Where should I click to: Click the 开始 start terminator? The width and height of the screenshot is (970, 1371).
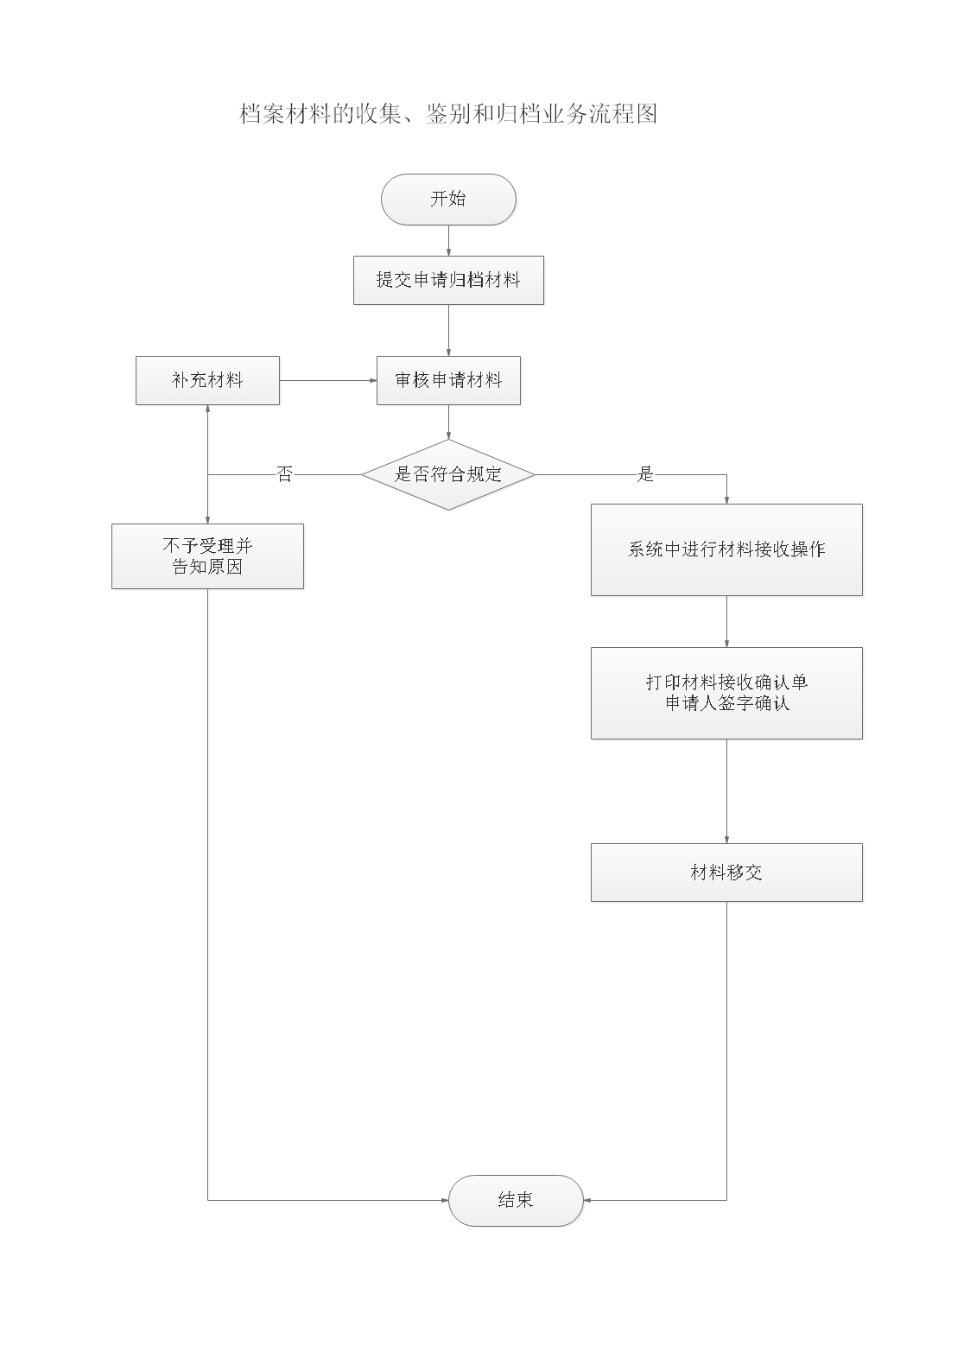pos(448,200)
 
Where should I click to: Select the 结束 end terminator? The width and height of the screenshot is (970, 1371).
pos(516,1200)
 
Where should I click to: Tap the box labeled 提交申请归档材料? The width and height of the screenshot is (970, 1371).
pos(448,280)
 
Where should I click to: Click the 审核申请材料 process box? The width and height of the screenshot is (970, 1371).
pos(448,380)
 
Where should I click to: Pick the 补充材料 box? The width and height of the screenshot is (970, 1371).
pos(207,380)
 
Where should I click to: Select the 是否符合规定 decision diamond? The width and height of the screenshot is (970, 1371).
pos(448,474)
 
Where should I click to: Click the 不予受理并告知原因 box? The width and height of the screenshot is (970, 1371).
pos(207,556)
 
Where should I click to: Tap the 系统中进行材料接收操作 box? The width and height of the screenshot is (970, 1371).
pos(726,549)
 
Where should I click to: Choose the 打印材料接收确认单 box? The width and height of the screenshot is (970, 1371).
pos(726,693)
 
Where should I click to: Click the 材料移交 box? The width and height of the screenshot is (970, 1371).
pos(726,873)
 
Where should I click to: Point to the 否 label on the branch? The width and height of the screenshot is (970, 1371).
pos(285,474)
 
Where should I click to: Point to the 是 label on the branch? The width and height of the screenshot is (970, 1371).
pos(645,474)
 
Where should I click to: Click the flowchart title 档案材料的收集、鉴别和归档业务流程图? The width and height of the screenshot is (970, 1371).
pos(448,114)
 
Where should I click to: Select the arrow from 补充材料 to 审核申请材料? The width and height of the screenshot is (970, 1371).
pos(328,380)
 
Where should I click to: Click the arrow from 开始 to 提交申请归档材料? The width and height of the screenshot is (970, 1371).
pos(448,241)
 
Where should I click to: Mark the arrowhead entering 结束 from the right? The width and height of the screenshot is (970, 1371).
pos(588,1200)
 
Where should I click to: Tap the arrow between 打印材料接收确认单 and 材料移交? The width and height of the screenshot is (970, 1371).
pos(726,790)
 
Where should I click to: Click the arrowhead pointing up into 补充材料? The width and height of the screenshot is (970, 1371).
pos(207,409)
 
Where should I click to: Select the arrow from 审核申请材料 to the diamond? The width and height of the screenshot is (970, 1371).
pos(448,422)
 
